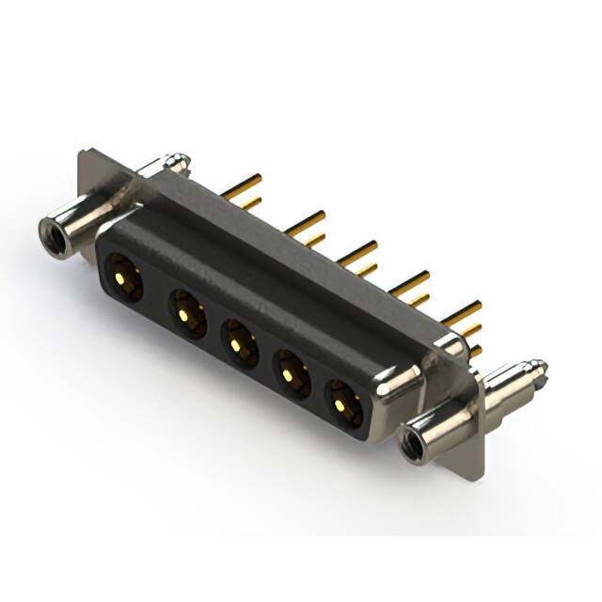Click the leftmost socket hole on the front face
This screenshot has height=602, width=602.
point(123,278)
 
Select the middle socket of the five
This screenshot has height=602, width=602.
point(239,343)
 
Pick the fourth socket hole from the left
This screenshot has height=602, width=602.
point(291,374)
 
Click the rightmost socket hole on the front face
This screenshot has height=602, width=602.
point(342,405)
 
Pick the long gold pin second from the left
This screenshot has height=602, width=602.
point(306,222)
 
